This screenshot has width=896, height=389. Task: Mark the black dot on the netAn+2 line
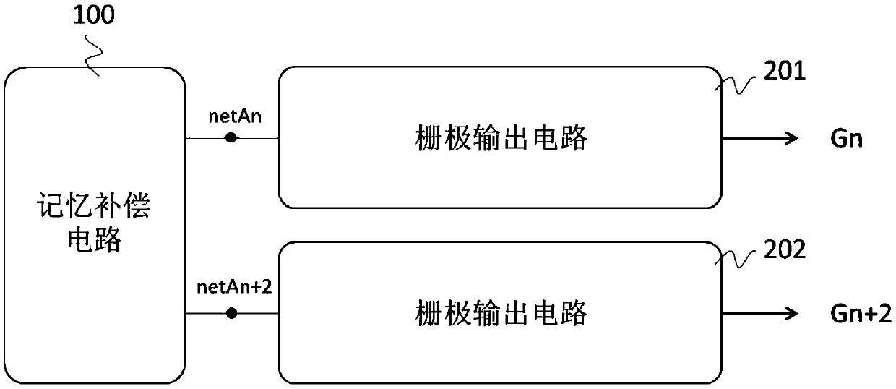(231, 313)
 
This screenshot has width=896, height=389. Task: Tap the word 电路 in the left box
(93, 240)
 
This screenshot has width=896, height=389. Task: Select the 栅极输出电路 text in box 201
(501, 138)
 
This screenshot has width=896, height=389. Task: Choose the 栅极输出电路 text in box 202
(501, 313)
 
